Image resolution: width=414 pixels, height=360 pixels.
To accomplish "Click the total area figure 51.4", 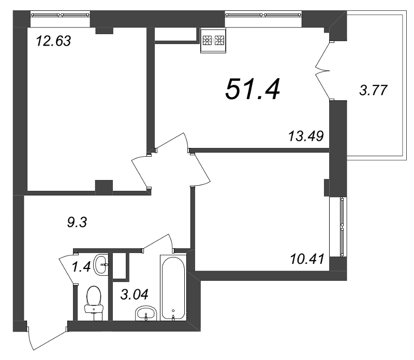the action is click(253, 89).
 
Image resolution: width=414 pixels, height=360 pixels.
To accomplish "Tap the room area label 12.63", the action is click(53, 41).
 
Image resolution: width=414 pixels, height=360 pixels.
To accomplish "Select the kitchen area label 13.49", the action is click(306, 136).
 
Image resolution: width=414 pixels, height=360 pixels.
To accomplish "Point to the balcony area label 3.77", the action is click(373, 90).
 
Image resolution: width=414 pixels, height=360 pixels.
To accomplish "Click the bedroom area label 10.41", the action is click(307, 259).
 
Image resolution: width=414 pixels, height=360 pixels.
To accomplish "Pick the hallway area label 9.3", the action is click(77, 222).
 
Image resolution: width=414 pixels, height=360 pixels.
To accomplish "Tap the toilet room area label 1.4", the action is click(82, 266).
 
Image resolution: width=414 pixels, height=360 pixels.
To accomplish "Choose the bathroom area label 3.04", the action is click(135, 294).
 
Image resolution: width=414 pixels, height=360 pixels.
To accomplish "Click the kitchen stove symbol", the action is click(213, 40).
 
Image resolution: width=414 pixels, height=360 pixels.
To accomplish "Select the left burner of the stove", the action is click(207, 40).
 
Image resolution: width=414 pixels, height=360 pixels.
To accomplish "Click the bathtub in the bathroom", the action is click(173, 288).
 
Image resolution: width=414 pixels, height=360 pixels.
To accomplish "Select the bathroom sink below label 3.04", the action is click(146, 313).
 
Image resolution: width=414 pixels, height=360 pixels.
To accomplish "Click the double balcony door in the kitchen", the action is click(323, 71).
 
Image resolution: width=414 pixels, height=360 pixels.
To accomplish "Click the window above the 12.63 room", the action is click(60, 14).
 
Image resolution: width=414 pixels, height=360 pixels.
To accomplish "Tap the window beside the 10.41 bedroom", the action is click(342, 227).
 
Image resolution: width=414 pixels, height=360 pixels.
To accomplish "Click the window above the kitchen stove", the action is click(263, 14).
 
